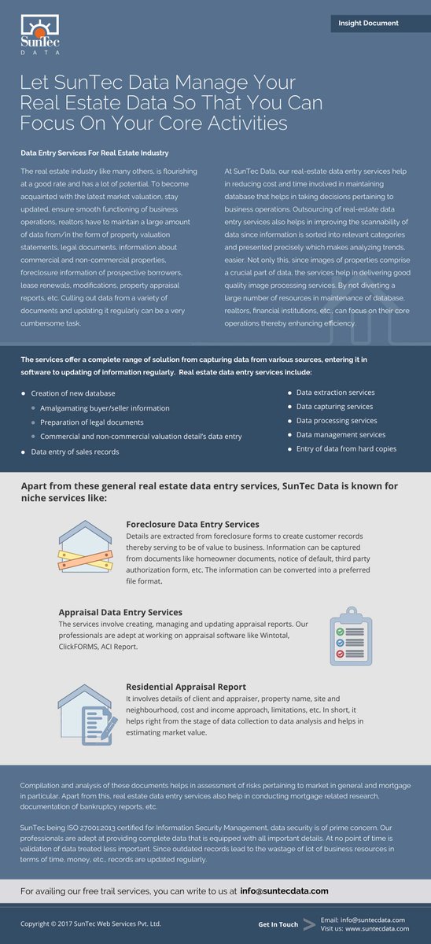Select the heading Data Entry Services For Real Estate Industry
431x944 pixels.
point(94,153)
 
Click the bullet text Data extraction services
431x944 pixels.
point(335,392)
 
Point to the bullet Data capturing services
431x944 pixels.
point(334,406)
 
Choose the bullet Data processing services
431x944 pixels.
point(336,420)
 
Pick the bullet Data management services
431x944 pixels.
point(341,434)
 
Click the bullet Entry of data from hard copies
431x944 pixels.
point(346,448)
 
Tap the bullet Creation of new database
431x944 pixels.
point(73,393)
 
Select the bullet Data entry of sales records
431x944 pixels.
point(76,452)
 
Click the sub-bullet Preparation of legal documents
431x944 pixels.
point(92,422)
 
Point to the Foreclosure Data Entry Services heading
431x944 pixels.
point(193,524)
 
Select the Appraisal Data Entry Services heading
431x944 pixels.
point(120,612)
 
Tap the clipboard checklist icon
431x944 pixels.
point(347,635)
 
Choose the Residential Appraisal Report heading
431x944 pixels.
point(186,687)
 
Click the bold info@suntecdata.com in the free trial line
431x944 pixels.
point(284,891)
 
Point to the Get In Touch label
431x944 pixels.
point(278,924)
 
